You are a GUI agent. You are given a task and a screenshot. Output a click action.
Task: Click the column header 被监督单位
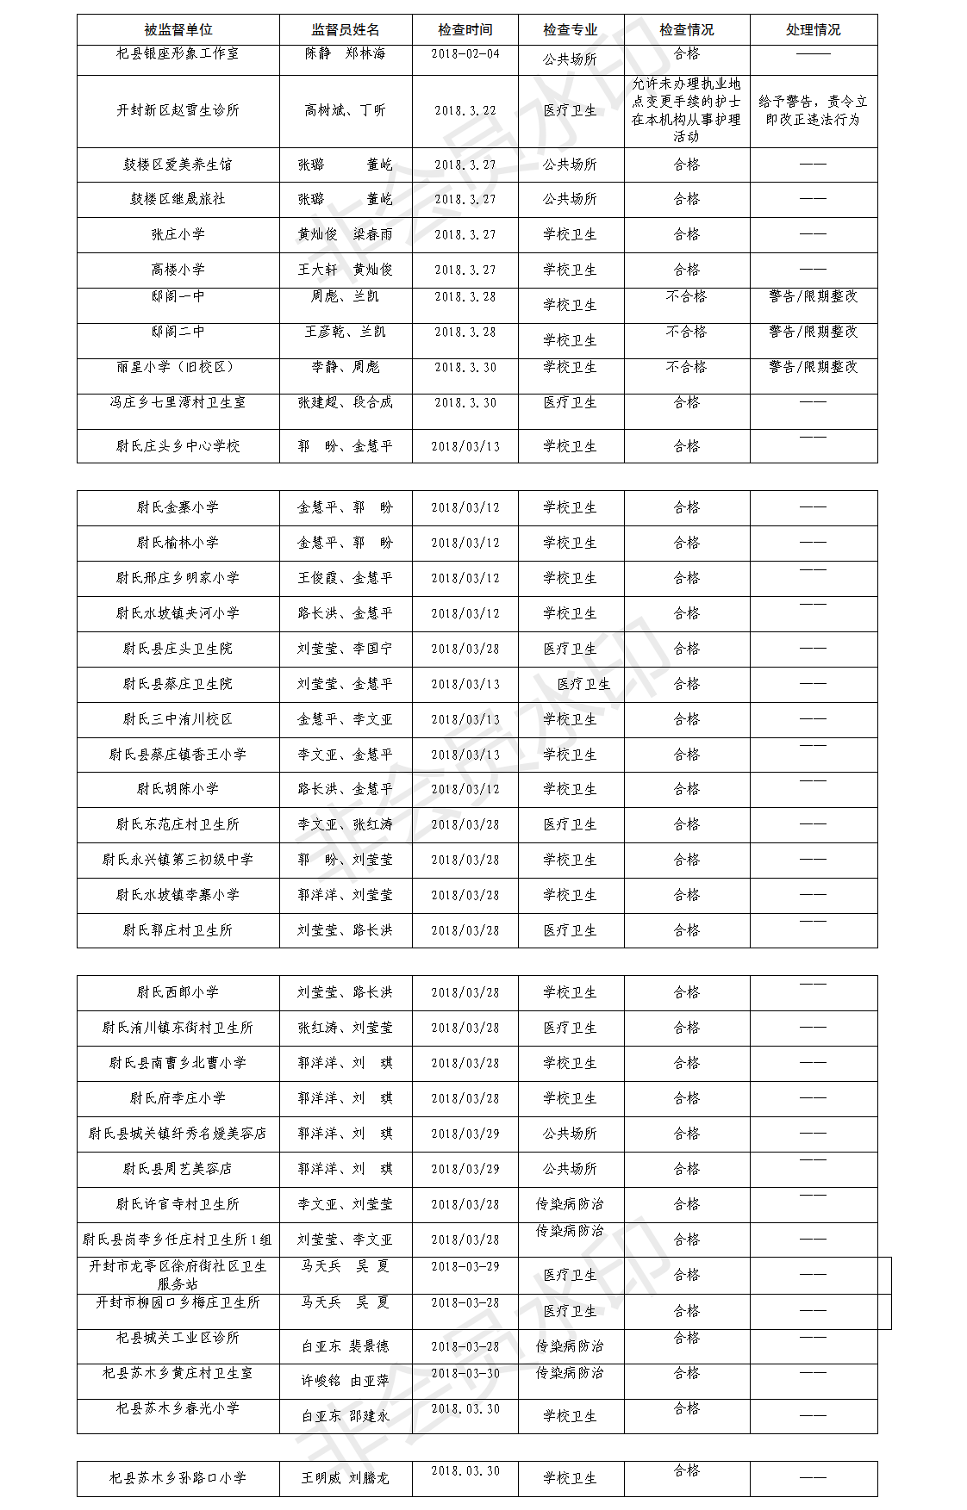[178, 30]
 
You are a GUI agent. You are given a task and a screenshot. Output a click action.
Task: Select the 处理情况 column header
[813, 30]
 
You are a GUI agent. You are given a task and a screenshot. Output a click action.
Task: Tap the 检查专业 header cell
[570, 30]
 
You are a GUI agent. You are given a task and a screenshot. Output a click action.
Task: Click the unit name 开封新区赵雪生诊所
[178, 110]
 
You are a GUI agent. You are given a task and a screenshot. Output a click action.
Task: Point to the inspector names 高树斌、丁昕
[345, 110]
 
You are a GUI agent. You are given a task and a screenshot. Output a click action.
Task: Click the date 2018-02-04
[465, 53]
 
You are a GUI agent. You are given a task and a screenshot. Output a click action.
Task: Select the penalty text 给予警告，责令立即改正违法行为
[813, 110]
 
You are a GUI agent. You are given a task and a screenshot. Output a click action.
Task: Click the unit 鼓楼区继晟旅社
[178, 199]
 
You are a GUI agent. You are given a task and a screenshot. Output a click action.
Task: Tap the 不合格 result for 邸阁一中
[686, 296]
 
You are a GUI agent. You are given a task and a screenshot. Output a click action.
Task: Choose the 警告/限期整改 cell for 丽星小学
[813, 367]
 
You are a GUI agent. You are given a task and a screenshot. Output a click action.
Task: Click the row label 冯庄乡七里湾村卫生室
[178, 402]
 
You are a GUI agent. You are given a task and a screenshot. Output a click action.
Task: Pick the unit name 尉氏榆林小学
[178, 543]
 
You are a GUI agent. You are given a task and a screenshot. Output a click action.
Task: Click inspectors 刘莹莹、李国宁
[345, 649]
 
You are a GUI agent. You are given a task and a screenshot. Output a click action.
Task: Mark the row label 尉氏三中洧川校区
[178, 719]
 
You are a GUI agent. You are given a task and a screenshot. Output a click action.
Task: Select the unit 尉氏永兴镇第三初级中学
[178, 860]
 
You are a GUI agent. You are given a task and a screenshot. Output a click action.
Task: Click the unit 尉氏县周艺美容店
[178, 1169]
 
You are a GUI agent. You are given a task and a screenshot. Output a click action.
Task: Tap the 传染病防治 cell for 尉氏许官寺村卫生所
[570, 1204]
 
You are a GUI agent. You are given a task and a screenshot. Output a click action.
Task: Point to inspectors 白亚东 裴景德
[345, 1346]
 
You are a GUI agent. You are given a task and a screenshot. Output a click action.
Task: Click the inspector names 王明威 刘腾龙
[345, 1478]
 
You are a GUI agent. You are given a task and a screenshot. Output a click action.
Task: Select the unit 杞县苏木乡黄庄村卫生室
[178, 1373]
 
